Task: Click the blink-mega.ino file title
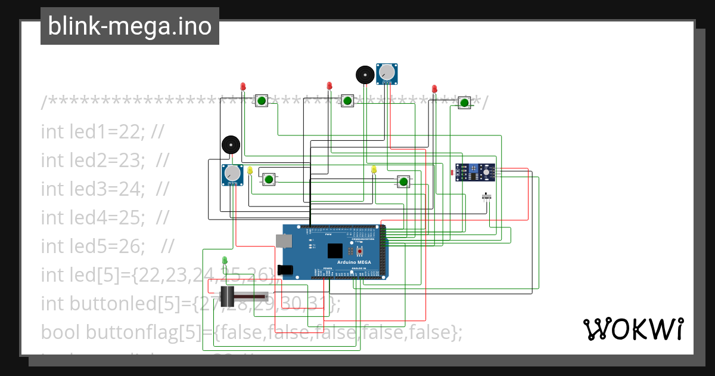129,26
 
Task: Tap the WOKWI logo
633,329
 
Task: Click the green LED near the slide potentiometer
225,260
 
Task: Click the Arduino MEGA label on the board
355,262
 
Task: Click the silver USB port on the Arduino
284,241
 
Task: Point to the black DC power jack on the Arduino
285,270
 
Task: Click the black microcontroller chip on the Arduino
335,250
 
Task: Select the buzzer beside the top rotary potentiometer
365,75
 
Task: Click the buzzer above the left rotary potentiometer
231,145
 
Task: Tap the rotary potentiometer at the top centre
387,73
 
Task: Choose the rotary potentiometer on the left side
233,174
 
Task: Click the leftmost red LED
243,87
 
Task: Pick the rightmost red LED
434,89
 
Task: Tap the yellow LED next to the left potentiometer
250,170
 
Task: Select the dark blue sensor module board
475,172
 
